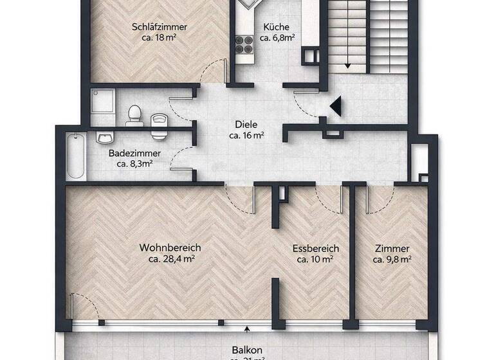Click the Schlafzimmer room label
[x=160, y=27]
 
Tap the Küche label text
[x=277, y=27]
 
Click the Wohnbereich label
[x=171, y=248]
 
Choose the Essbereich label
[x=315, y=249]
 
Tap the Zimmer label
[x=392, y=249]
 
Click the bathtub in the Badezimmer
[x=76, y=156]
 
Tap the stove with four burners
[x=244, y=43]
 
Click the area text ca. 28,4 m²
[x=171, y=260]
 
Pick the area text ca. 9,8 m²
[x=392, y=260]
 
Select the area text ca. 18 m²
[x=160, y=38]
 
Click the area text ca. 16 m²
[x=247, y=136]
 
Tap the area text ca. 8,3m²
[x=134, y=165]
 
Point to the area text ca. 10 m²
[x=315, y=260]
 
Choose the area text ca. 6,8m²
[x=277, y=38]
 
